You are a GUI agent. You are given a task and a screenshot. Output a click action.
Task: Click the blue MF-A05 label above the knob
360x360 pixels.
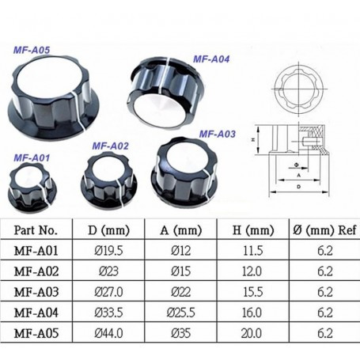pyautogui.click(x=32, y=50)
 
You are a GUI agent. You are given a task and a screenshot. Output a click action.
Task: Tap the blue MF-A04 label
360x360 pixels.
pyautogui.click(x=211, y=59)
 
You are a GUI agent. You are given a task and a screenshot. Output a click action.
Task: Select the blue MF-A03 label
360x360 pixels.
pyautogui.click(x=217, y=134)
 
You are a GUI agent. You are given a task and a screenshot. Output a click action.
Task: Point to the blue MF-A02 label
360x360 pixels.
pyautogui.click(x=110, y=146)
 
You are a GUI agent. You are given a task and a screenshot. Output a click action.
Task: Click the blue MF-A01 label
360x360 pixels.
pyautogui.click(x=32, y=158)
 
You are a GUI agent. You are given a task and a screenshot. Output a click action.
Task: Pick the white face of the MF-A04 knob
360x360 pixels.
pyautogui.click(x=159, y=109)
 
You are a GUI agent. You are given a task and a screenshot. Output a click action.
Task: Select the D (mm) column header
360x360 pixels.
pyautogui.click(x=108, y=230)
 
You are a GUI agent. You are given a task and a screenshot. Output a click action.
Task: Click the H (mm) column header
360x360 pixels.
pyautogui.click(x=253, y=230)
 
